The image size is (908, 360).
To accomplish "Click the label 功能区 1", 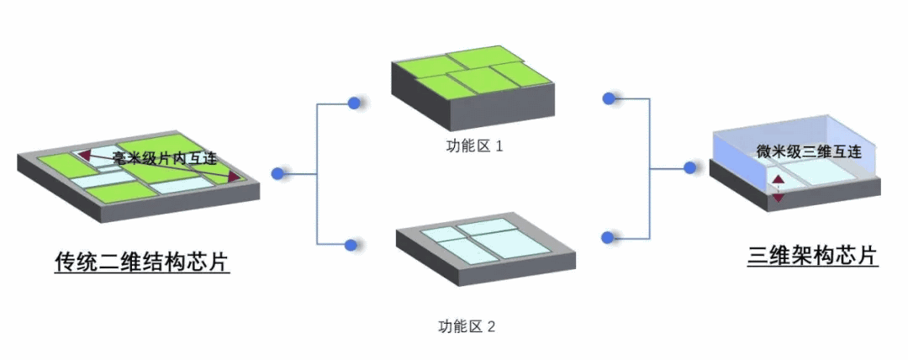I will click(x=474, y=146).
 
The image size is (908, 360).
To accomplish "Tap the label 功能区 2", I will click(x=467, y=326).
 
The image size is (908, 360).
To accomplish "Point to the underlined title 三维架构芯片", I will click(x=813, y=255).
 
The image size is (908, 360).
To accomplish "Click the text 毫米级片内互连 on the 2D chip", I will click(x=165, y=158).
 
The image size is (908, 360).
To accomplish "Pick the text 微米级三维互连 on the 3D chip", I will click(x=808, y=152).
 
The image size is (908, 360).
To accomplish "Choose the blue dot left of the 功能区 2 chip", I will click(x=351, y=246).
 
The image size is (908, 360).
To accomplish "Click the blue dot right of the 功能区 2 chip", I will click(x=608, y=236).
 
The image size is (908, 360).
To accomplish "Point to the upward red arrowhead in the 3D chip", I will click(x=779, y=180).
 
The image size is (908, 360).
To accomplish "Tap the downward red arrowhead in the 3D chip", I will click(x=779, y=198).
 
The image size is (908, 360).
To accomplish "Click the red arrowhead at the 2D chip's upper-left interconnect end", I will click(x=84, y=155).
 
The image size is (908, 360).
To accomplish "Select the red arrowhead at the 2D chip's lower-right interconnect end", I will click(x=233, y=178).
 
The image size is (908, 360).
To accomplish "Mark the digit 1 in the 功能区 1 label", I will click(x=499, y=146).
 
